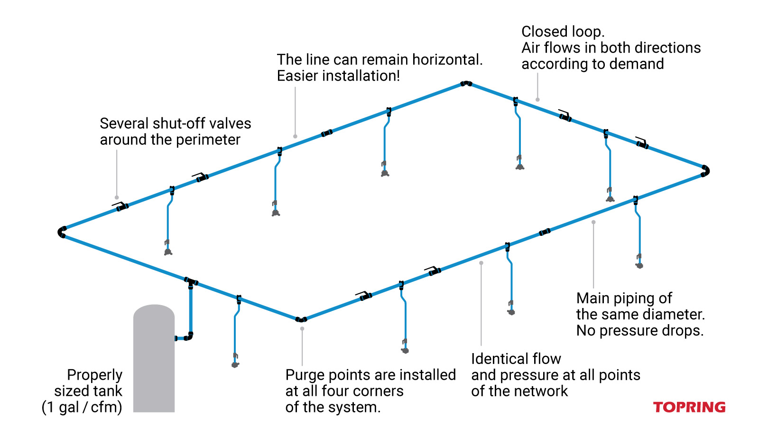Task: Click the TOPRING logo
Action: (689, 407)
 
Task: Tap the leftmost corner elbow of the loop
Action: (62, 232)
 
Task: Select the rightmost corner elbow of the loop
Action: (705, 171)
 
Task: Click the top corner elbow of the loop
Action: (466, 84)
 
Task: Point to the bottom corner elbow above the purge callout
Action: (301, 319)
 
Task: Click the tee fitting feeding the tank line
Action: (191, 282)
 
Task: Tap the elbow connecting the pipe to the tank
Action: (189, 337)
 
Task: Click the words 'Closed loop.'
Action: (563, 32)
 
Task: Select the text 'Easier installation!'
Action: (338, 76)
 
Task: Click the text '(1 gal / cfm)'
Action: (82, 407)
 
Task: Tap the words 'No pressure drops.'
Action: (639, 330)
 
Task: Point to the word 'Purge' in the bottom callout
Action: (305, 375)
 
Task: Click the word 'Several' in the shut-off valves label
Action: (123, 123)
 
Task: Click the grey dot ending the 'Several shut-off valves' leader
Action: (117, 197)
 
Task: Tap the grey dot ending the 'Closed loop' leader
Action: (537, 100)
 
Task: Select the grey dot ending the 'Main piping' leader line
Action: (593, 222)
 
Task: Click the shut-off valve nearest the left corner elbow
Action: (122, 207)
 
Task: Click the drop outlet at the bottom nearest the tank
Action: (235, 364)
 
